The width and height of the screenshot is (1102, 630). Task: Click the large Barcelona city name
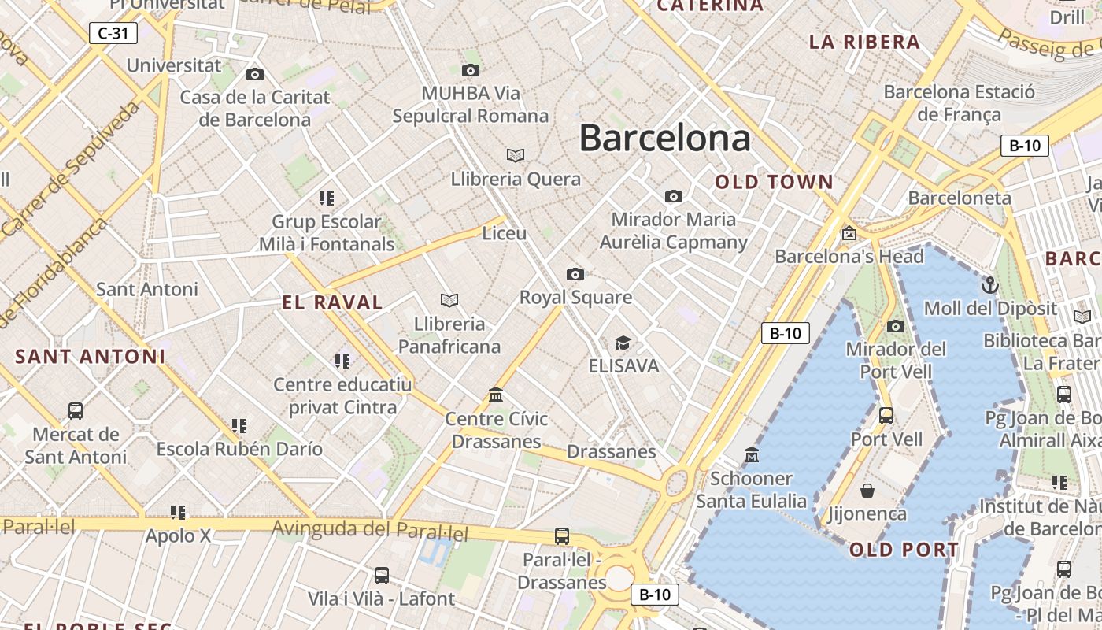pyautogui.click(x=665, y=139)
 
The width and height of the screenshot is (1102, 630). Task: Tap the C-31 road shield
pyautogui.click(x=113, y=33)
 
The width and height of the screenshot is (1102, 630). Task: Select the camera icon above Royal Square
pyautogui.click(x=575, y=274)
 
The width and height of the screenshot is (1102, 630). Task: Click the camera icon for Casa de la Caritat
pyautogui.click(x=255, y=74)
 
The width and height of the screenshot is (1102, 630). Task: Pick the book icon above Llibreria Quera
pyautogui.click(x=516, y=155)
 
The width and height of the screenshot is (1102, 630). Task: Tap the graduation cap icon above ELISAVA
pyautogui.click(x=623, y=343)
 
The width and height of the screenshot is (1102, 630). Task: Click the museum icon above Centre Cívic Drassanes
pyautogui.click(x=496, y=395)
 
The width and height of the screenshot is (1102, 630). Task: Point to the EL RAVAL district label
pyautogui.click(x=332, y=302)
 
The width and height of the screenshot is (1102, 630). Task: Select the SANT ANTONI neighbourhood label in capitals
pyautogui.click(x=91, y=357)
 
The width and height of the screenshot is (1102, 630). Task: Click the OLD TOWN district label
pyautogui.click(x=774, y=182)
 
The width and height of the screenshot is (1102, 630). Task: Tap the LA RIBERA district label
pyautogui.click(x=865, y=42)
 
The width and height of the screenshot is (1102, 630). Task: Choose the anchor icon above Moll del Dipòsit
pyautogui.click(x=989, y=284)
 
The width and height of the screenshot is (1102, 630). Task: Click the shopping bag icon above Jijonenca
pyautogui.click(x=867, y=491)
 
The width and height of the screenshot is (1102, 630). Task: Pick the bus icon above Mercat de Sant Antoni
pyautogui.click(x=76, y=410)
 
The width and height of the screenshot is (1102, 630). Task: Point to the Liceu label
pyautogui.click(x=505, y=233)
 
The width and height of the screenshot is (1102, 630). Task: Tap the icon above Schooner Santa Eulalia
pyautogui.click(x=752, y=454)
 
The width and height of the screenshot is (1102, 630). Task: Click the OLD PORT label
pyautogui.click(x=904, y=550)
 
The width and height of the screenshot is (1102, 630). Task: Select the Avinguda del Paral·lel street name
pyautogui.click(x=370, y=530)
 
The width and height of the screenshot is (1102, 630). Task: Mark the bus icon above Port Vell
pyautogui.click(x=886, y=415)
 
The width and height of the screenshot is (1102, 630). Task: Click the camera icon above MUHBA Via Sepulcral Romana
pyautogui.click(x=471, y=70)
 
